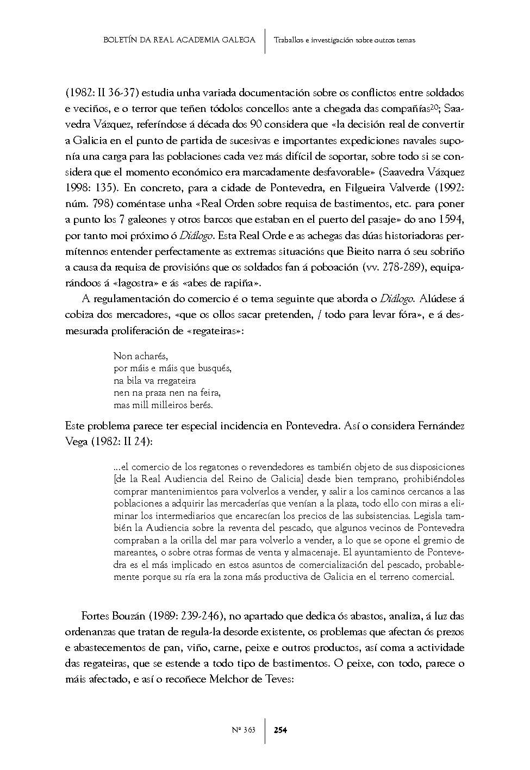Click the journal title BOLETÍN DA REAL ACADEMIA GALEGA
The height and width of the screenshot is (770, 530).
(x=179, y=40)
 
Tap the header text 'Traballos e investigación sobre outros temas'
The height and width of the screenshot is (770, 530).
(x=345, y=40)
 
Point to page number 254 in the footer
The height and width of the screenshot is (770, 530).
(x=280, y=730)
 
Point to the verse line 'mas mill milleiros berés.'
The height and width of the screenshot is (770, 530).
(x=163, y=405)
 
